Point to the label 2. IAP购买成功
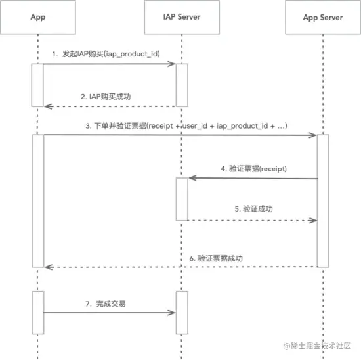tap(106, 97)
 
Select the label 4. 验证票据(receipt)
tap(254, 168)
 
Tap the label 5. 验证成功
tap(254, 209)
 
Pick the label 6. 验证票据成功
tap(216, 258)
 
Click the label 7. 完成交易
tap(106, 304)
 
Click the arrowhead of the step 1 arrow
tap(172, 64)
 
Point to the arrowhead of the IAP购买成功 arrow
tap(49, 106)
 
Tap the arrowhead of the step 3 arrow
tap(312, 135)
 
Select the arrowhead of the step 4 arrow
tap(192, 178)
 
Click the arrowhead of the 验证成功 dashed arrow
tap(312, 221)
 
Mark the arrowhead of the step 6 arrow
tap(49, 267)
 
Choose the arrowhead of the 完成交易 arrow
tap(172, 313)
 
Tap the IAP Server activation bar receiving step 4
tap(182, 199)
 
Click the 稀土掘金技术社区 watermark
tap(317, 346)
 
